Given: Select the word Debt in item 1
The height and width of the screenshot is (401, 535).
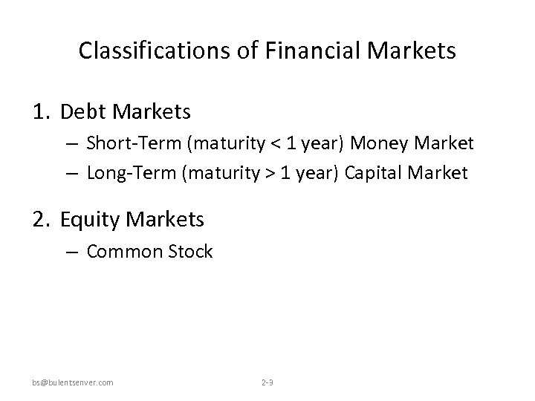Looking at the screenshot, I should point(82,112).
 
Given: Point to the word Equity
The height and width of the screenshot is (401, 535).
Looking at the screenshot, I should point(88,219).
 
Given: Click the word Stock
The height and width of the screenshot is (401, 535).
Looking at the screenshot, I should point(191,252).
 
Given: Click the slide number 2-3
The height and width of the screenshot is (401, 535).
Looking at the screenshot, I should point(267,382).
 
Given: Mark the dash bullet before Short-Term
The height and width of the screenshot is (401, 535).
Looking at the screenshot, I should point(72,143).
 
